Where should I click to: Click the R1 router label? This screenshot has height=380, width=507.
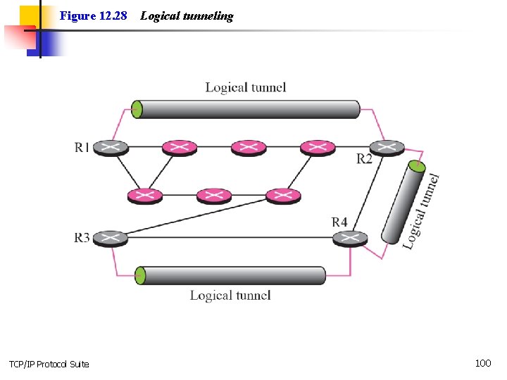pos(82,147)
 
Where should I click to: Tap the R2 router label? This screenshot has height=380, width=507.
pos(364,159)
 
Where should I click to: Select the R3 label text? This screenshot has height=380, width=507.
pos(82,238)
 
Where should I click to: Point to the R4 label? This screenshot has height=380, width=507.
pos(339,222)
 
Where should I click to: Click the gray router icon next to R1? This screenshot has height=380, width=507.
pos(111,148)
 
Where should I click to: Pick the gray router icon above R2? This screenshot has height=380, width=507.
pos(387,147)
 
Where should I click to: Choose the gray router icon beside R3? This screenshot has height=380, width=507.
pos(111,239)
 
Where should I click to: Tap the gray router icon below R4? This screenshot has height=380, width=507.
pos(350,239)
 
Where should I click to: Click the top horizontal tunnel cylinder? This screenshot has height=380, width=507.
pos(246,109)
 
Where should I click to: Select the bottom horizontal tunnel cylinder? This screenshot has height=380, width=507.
pos(231,275)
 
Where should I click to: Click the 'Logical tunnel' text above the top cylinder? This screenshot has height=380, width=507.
pos(246,87)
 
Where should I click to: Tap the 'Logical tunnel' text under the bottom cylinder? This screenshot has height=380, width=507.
pos(230,296)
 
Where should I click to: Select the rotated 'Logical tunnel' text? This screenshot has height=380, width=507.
pos(423,210)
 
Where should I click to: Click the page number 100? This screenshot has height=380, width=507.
pos(483,363)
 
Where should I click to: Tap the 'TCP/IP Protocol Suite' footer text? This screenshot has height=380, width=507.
pos(49,364)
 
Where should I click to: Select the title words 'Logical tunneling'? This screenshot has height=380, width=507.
pos(187,15)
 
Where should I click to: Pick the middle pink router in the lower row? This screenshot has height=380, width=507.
pos(214,195)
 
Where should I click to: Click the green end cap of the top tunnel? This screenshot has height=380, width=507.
pos(137,109)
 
